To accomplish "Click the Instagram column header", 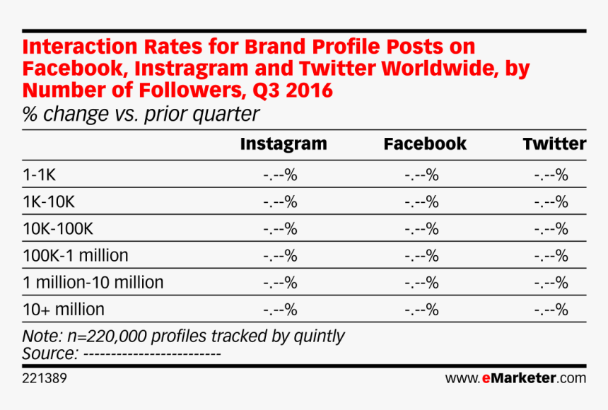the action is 283,145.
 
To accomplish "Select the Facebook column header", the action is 425,144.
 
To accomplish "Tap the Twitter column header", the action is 554,144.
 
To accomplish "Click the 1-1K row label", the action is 39,175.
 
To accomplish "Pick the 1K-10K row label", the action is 49,201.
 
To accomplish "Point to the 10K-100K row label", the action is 58,228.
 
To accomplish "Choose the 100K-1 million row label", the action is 76,256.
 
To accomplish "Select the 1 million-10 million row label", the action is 93,282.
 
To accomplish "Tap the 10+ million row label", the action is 64,310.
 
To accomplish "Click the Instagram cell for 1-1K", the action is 281,175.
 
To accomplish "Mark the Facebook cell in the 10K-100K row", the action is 422,229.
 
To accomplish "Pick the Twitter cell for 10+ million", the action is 551,310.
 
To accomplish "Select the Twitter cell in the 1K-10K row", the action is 551,202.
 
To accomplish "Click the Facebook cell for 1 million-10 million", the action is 422,283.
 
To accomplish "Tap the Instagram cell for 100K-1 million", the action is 281,256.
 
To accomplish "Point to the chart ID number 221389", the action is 45,378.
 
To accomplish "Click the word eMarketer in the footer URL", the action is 519,377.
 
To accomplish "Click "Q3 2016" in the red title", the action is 293,90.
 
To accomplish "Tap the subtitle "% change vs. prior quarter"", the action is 141,114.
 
